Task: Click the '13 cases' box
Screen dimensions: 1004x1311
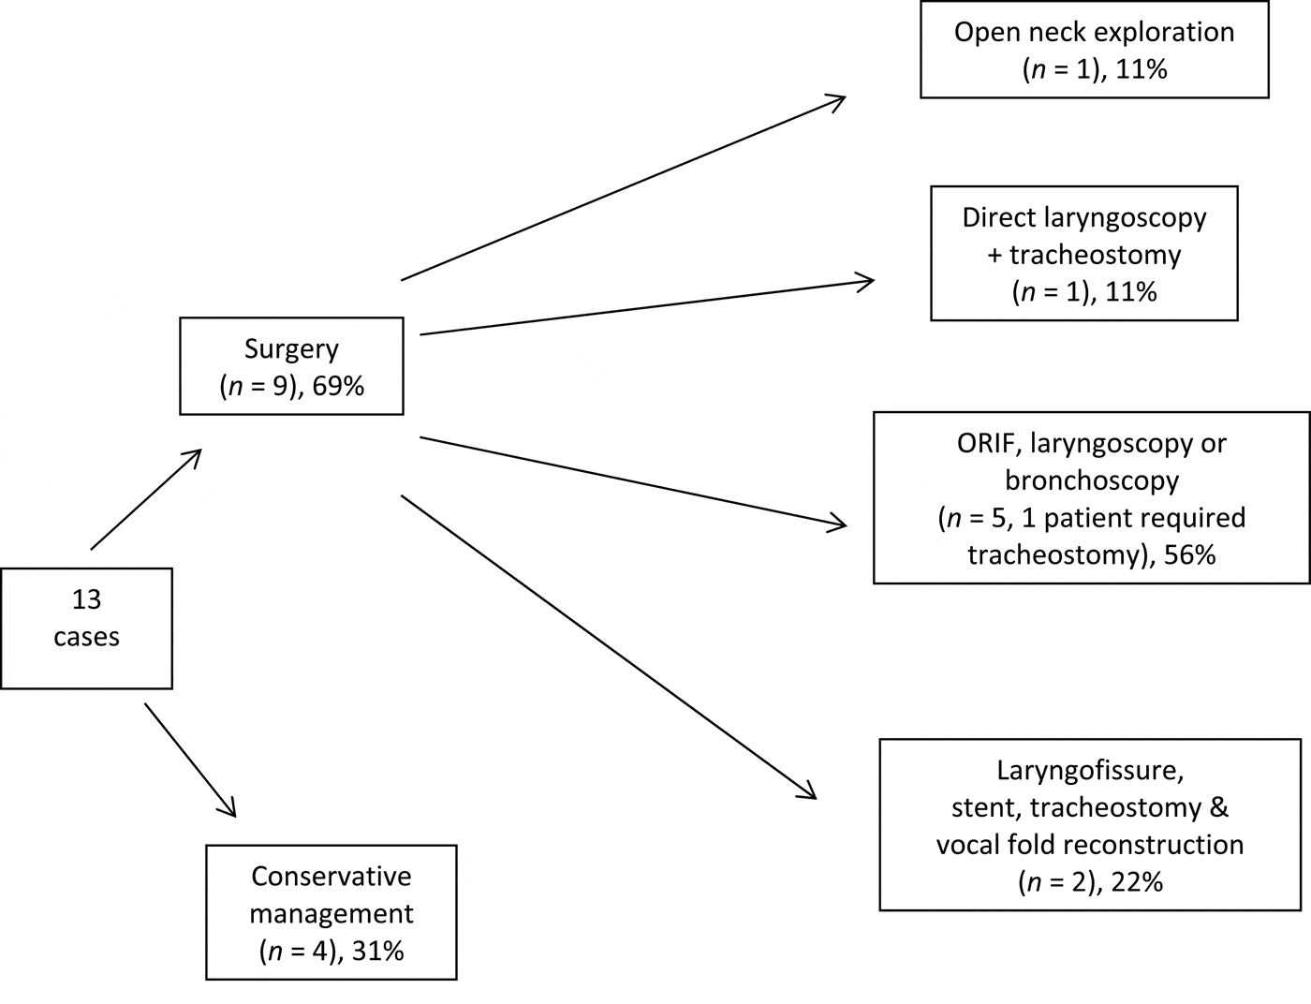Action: point(86,627)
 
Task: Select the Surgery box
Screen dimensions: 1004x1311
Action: point(291,365)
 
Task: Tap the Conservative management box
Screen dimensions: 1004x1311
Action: point(331,912)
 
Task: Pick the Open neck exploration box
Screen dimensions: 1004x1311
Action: point(1094,50)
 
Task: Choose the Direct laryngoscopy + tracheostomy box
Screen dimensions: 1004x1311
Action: point(1083,253)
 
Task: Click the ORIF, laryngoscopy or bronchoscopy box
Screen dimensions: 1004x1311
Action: point(1091,497)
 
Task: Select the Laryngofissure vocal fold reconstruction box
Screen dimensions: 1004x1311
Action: point(1090,824)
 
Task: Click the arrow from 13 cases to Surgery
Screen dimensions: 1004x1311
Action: point(146,499)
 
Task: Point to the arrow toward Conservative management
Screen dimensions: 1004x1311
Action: point(189,760)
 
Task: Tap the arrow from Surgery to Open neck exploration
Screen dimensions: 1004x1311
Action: point(623,188)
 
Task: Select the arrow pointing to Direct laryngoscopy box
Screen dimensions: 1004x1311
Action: point(646,306)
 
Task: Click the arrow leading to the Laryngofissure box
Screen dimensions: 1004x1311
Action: point(609,646)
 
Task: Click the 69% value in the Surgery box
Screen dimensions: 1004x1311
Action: point(338,385)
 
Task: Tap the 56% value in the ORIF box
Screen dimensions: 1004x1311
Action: point(1190,554)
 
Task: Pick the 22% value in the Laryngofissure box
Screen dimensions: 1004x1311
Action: point(1137,881)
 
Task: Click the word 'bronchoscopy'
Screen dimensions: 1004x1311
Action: point(1091,480)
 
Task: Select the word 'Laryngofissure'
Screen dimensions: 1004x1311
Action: point(1091,770)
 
